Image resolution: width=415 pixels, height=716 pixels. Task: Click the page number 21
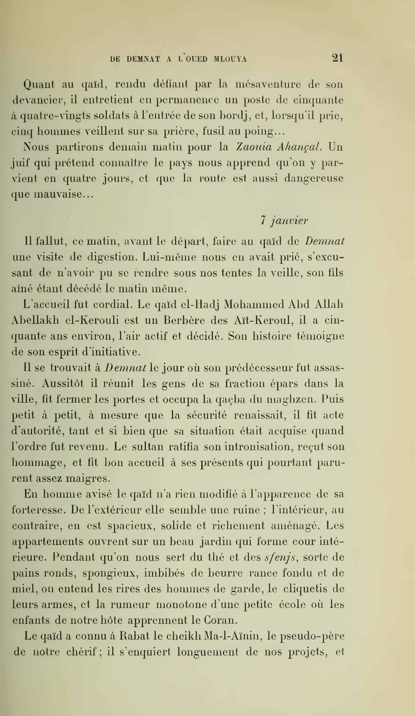pyautogui.click(x=337, y=58)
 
